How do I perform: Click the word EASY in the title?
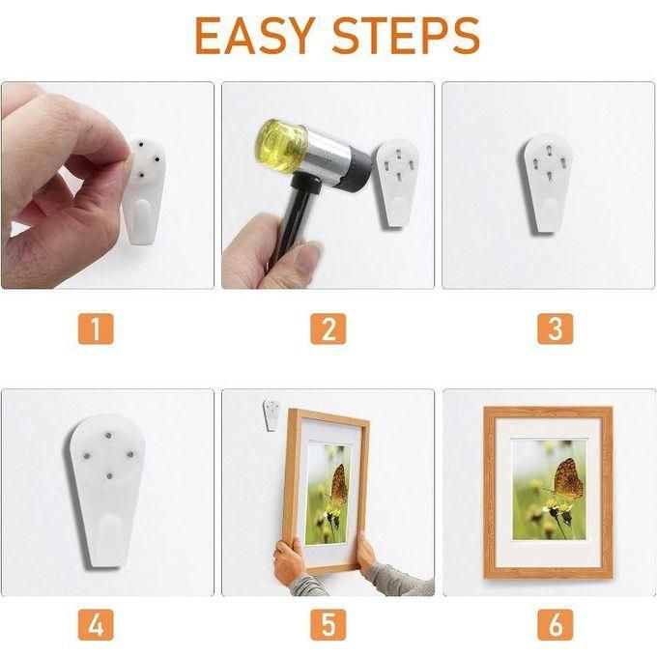255,36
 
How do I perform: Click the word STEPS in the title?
406,36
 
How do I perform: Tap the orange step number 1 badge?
96,328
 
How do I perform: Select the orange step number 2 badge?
328,328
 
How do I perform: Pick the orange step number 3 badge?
556,328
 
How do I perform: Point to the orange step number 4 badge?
96,625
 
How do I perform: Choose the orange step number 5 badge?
328,625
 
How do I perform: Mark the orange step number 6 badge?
556,625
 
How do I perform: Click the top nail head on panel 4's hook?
108,436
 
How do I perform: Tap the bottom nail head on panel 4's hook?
109,475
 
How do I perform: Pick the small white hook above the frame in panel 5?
272,414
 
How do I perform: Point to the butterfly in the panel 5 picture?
338,485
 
